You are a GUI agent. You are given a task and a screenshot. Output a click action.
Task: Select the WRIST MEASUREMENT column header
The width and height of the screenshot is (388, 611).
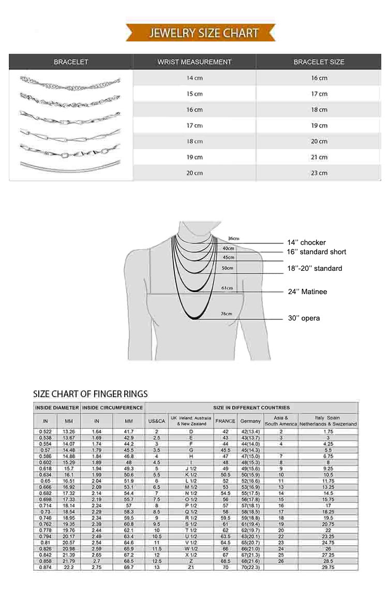(194, 62)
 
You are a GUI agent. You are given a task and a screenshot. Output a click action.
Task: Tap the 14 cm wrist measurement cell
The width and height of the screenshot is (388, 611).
(194, 78)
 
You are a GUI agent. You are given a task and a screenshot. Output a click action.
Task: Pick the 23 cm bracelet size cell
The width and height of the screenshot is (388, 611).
(319, 173)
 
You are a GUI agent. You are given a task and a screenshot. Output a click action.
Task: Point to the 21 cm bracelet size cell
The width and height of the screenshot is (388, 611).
(319, 157)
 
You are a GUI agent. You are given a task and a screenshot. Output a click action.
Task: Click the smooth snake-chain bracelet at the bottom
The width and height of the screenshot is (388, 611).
(70, 166)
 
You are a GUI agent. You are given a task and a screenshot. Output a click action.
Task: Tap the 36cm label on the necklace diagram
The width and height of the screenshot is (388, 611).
(234, 238)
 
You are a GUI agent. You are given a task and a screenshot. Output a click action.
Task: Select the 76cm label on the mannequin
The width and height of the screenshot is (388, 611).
(226, 314)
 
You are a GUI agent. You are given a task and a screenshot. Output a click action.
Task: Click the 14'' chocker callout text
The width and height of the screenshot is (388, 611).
(306, 243)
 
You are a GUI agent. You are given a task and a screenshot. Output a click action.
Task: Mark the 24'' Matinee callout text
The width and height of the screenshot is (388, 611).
(307, 292)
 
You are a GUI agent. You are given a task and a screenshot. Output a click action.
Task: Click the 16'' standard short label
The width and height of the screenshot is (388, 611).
(317, 252)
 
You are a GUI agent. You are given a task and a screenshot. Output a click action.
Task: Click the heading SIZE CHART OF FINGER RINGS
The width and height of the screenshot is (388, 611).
(91, 394)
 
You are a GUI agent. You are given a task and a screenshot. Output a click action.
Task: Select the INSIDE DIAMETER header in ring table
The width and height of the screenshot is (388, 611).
(57, 408)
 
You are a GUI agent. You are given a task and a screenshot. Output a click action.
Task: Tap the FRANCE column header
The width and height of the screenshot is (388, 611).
(225, 421)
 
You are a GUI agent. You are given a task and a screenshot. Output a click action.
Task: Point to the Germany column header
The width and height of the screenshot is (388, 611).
(250, 421)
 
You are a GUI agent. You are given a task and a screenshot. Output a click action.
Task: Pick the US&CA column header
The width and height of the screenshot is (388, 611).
(156, 421)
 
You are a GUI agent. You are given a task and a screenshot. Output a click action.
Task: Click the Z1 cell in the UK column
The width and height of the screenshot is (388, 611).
(191, 568)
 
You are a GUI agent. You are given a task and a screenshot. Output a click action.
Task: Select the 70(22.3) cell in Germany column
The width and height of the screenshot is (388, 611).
(250, 568)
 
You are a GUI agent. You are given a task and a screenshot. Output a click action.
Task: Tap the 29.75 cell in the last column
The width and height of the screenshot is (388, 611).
(328, 568)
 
